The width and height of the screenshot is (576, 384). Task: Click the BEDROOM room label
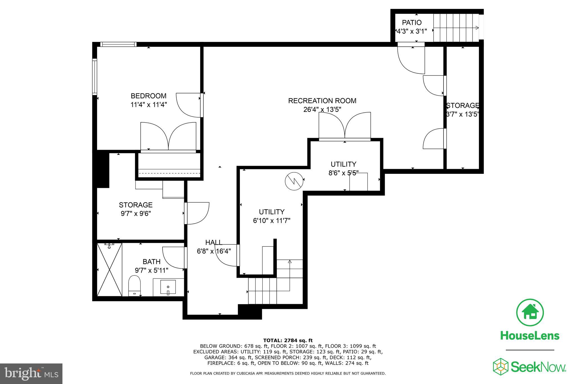pos(148,96)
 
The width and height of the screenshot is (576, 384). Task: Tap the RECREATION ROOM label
pos(322,101)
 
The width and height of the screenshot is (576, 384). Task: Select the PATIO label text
pos(411,23)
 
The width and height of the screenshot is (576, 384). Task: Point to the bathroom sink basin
pos(168,287)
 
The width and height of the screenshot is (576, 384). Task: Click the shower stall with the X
pos(109,270)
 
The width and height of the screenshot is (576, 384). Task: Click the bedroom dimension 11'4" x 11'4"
pos(148,105)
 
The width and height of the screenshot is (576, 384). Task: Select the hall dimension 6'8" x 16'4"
pos(214,251)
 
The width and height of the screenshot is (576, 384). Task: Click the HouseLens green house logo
pos(530,313)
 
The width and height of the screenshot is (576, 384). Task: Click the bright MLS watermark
pos(31,374)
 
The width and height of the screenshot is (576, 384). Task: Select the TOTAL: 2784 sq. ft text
pos(288,340)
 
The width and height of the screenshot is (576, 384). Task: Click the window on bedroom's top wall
pos(118,44)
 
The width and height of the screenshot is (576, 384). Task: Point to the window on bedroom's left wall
pos(95,77)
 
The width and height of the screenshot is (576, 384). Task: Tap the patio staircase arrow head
pos(477,28)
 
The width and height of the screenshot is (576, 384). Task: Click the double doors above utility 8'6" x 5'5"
pos(345,127)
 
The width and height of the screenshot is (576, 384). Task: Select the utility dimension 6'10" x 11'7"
pos(271,221)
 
